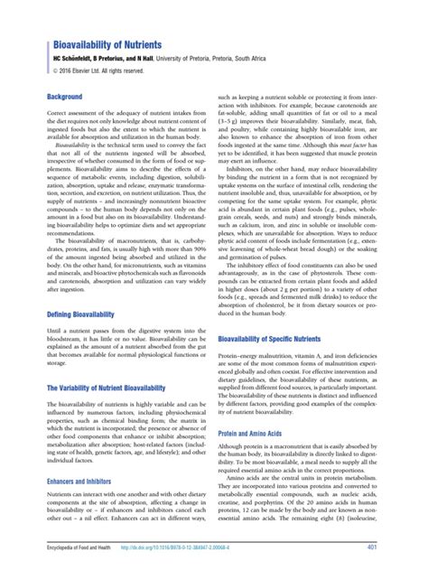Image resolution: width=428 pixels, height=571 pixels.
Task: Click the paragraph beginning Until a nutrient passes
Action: click(x=127, y=351)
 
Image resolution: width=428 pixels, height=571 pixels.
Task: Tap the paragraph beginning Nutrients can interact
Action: click(x=127, y=515)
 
